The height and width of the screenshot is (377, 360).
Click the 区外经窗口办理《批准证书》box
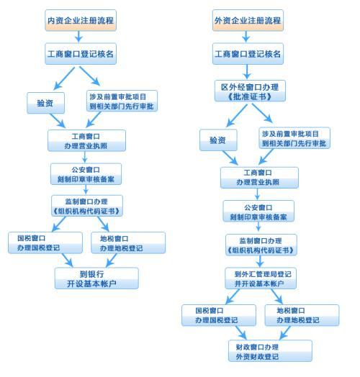(x=248, y=91)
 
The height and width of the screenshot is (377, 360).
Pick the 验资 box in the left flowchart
(x=45, y=101)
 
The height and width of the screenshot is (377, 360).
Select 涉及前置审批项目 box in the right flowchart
(x=295, y=139)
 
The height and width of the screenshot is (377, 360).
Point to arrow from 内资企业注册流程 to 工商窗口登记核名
(x=80, y=37)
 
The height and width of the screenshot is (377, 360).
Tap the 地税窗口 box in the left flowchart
(x=126, y=242)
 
